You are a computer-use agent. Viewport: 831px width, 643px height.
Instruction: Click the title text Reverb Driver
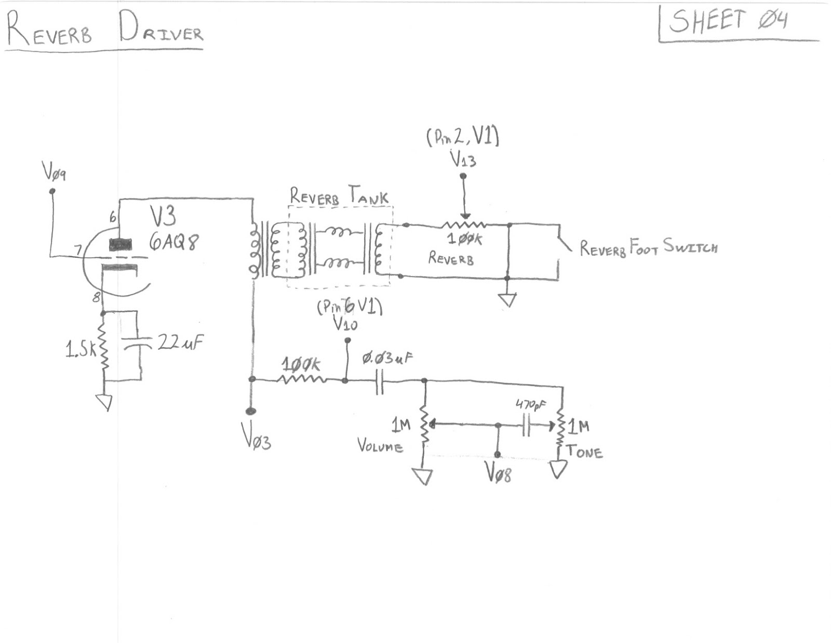pos(104,30)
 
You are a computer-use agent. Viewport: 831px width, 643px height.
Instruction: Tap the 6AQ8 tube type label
pos(174,242)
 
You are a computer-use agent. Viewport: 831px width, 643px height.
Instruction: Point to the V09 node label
pos(53,172)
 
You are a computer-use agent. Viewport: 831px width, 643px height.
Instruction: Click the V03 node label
pos(256,435)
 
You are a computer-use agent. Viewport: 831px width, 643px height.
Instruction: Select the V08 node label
pos(499,472)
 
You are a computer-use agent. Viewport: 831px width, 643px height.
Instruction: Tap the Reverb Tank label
pos(339,196)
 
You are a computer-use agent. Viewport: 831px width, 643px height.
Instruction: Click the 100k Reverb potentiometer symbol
pos(464,225)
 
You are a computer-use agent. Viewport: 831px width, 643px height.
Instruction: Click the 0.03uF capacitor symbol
pos(380,381)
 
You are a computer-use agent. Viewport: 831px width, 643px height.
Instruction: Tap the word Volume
pos(380,446)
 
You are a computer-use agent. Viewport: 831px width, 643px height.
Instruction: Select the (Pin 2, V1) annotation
pos(462,137)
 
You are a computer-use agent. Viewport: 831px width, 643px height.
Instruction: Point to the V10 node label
pos(345,325)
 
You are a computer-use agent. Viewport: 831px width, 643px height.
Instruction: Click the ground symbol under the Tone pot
pos(558,469)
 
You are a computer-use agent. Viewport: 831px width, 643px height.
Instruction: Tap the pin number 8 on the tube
pos(96,298)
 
